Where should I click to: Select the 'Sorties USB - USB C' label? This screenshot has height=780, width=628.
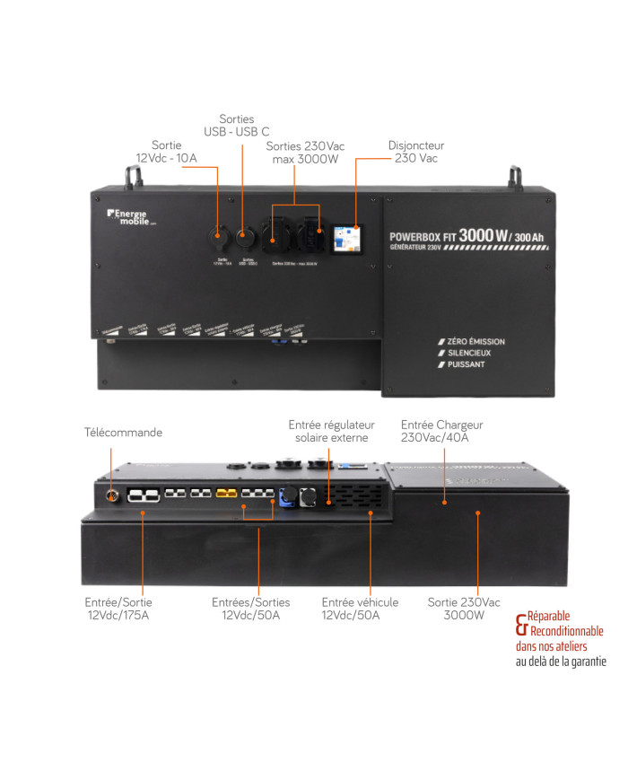click(x=237, y=125)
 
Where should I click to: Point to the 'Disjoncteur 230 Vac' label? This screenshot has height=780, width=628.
click(x=415, y=152)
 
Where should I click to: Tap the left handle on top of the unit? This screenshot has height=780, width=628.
click(x=134, y=177)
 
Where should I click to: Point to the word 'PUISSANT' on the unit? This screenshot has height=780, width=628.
click(x=461, y=365)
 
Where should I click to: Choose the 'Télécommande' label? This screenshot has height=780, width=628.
click(x=123, y=433)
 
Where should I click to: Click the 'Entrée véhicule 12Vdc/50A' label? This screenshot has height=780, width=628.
click(x=360, y=609)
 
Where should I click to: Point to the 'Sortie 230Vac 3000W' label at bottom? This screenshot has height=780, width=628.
click(x=464, y=609)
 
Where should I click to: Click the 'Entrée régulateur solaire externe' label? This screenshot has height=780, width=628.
click(x=331, y=431)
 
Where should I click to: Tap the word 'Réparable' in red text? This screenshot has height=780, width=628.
click(x=548, y=617)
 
